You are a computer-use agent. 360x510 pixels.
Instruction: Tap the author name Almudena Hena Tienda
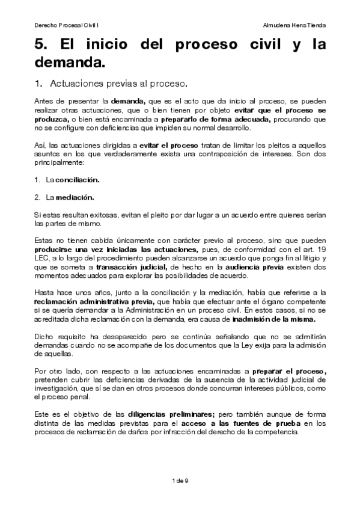click(x=294, y=26)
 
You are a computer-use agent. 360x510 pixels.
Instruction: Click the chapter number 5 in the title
click(x=39, y=45)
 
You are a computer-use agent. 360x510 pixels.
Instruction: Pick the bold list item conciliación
click(x=78, y=180)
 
